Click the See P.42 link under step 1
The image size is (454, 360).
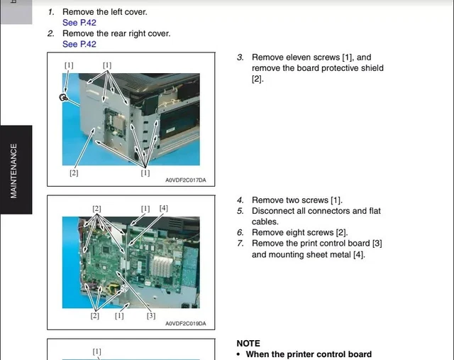click(x=79, y=23)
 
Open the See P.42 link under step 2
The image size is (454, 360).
click(x=79, y=44)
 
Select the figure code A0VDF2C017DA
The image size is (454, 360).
click(x=185, y=180)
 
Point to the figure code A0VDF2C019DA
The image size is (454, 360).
click(x=185, y=324)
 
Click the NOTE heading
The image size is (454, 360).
click(x=248, y=343)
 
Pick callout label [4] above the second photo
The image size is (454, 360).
click(x=164, y=208)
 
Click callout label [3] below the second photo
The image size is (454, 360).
click(x=150, y=315)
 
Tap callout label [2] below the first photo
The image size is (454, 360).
click(x=74, y=173)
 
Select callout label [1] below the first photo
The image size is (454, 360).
click(x=145, y=173)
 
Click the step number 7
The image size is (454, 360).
click(x=240, y=244)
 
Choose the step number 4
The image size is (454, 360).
click(x=240, y=200)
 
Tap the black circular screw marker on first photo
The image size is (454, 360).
click(x=63, y=97)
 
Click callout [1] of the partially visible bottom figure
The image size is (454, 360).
click(x=96, y=351)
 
